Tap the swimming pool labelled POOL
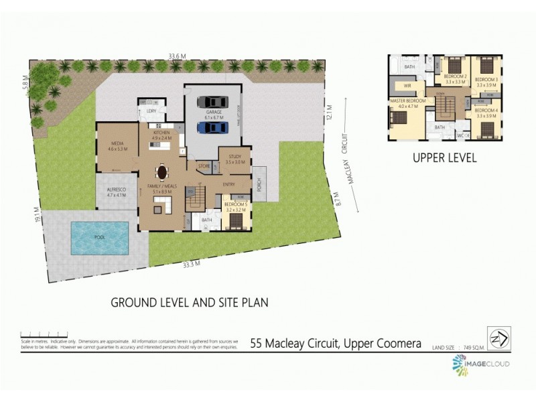[99, 238]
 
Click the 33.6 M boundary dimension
[177, 56]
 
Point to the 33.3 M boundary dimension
[192, 264]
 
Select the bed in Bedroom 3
[486, 66]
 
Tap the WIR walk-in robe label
[407, 86]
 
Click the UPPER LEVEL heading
[444, 159]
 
